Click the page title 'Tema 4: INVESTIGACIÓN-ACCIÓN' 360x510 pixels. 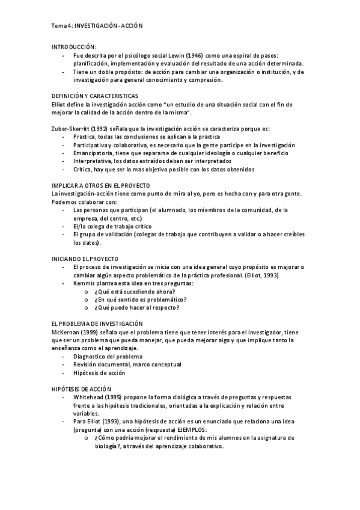pyautogui.click(x=97, y=26)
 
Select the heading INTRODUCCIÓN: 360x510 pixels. pyautogui.click(x=73, y=47)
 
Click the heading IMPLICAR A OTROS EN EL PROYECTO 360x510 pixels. pyautogui.click(x=101, y=185)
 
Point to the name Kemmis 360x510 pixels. pyautogui.click(x=84, y=283)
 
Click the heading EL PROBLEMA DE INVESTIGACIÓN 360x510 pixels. pyautogui.click(x=97, y=324)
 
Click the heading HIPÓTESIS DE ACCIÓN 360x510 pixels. pyautogui.click(x=82, y=389)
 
